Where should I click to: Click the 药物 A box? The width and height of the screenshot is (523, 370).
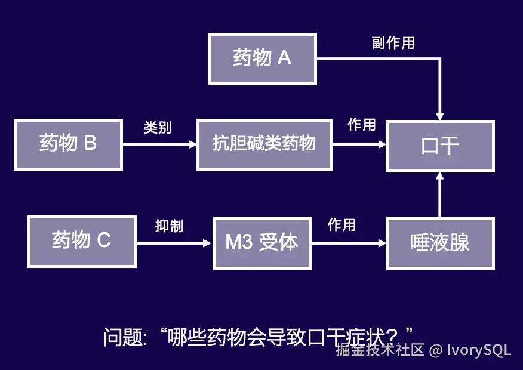[x=262, y=59]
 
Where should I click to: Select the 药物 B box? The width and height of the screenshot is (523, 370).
[x=69, y=145]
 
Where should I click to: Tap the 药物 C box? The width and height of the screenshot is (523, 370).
[x=82, y=242]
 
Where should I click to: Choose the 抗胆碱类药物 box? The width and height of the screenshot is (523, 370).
[x=264, y=145]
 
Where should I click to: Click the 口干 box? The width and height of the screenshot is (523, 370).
[x=440, y=146]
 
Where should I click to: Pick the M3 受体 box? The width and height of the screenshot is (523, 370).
[x=262, y=243]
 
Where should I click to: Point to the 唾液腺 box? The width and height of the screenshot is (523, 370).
[x=440, y=243]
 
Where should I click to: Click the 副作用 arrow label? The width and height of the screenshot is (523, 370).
[x=393, y=43]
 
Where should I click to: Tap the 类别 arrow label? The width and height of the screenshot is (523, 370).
[x=158, y=127]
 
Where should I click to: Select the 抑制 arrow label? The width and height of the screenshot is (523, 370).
[x=170, y=226]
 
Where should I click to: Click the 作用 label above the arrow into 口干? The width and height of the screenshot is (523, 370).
[x=362, y=125]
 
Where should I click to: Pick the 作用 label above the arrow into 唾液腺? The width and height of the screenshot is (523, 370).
[x=342, y=224]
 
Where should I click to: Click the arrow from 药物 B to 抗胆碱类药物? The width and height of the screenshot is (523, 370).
[x=160, y=144]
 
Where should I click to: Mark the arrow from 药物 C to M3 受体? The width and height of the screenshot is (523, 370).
[x=174, y=243]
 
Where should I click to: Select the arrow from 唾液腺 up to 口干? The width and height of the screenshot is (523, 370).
[x=440, y=195]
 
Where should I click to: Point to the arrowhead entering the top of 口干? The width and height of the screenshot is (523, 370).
[x=440, y=116]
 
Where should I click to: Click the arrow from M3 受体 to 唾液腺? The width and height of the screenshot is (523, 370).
[x=349, y=243]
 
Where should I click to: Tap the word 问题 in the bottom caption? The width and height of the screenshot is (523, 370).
[x=124, y=337]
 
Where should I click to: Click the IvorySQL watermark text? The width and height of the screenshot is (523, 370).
[x=479, y=350]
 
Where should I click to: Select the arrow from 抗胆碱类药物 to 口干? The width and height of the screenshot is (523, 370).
[x=359, y=144]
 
